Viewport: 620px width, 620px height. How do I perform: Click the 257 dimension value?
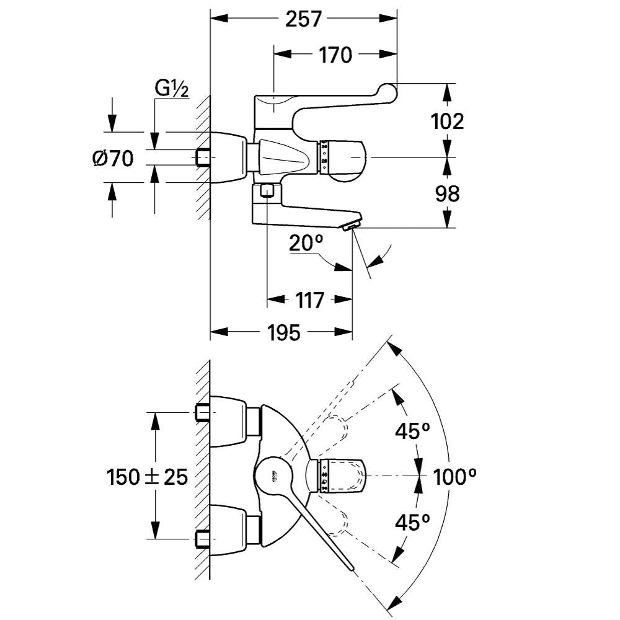coord(304,19)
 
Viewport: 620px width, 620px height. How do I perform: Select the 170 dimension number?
coord(335,55)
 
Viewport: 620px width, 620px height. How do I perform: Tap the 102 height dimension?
coord(447,121)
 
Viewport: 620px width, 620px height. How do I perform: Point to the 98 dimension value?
coord(447,193)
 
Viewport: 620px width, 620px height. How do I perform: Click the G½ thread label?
coord(172,89)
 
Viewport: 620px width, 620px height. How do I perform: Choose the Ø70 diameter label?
coord(113,159)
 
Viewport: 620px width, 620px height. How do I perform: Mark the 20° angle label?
coord(307,244)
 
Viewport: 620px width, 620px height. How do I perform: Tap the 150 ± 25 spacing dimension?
coord(147,477)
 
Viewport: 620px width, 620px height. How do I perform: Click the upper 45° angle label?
coord(413,431)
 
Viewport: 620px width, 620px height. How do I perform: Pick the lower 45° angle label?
coord(413,523)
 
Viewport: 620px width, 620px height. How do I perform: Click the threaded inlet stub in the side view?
coord(203,157)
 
